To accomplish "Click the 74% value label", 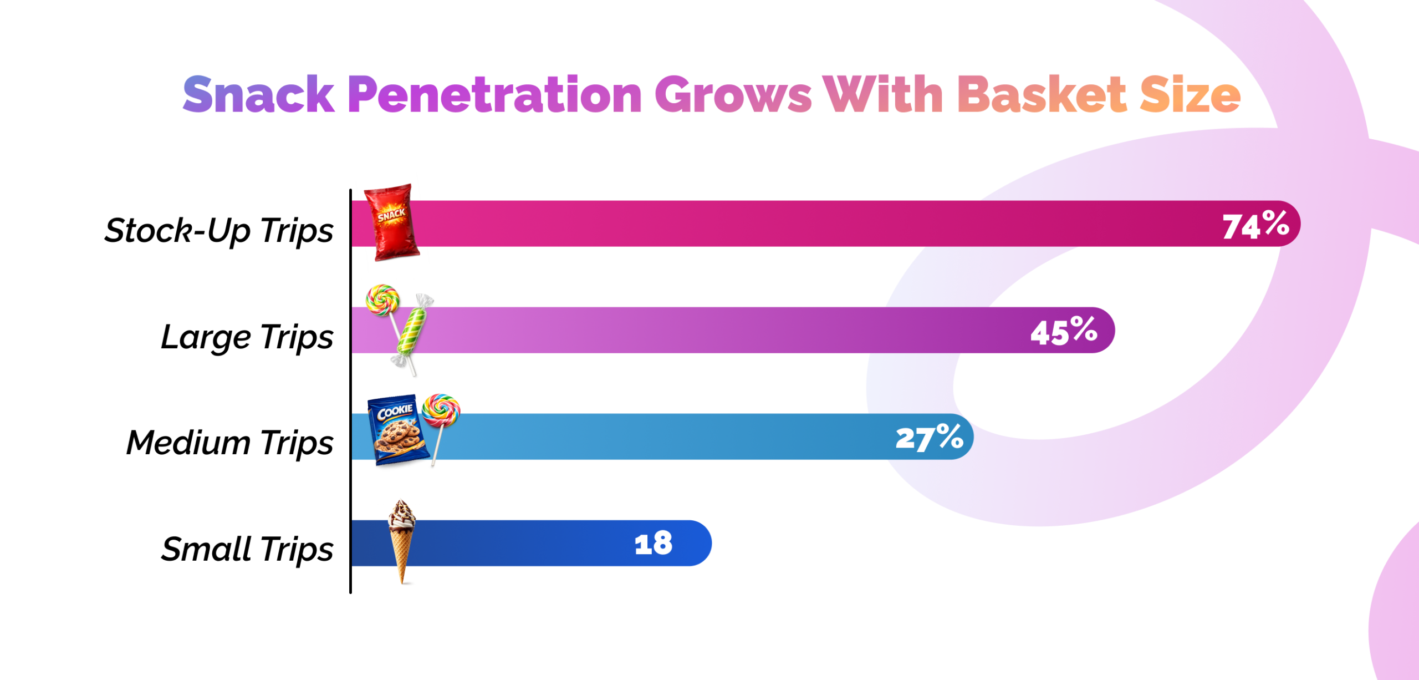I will click(x=1255, y=225).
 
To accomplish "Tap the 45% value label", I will click(x=1064, y=331).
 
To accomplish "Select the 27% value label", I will click(x=929, y=438).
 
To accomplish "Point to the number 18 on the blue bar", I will click(x=654, y=544).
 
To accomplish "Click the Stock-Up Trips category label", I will click(x=219, y=230).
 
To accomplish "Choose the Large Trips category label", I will click(x=247, y=337).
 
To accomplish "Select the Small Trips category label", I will click(x=247, y=549).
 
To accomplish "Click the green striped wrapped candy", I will click(x=411, y=332).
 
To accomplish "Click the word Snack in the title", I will click(x=258, y=95).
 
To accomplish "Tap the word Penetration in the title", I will click(x=494, y=95).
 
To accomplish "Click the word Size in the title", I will click(x=1190, y=95).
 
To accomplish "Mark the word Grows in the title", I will click(x=733, y=95).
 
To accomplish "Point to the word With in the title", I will click(x=883, y=95).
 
